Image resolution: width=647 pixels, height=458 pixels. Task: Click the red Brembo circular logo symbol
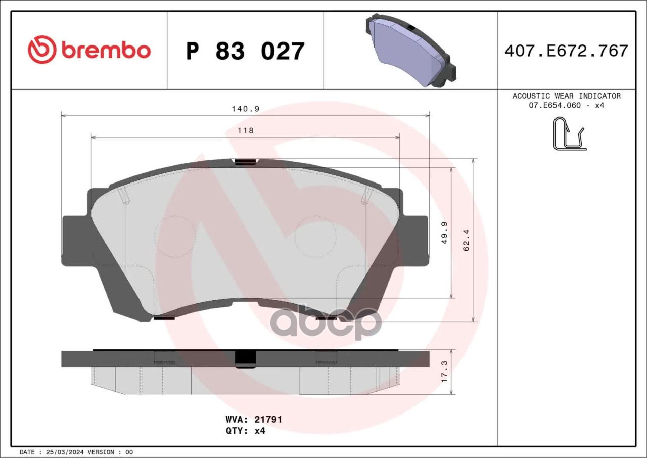point(42,50)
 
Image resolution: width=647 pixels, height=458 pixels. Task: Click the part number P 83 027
point(245,51)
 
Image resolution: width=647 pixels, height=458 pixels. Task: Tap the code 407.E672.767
point(567,51)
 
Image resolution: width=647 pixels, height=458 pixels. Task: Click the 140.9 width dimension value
point(246,109)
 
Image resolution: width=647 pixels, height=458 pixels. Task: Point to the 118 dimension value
point(246,131)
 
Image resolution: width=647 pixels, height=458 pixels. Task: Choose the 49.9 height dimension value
point(444,233)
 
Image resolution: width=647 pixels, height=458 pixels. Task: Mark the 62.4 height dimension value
point(466,240)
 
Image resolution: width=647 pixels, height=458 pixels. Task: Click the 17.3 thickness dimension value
point(444,372)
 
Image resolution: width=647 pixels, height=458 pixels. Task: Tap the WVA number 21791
point(268,419)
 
